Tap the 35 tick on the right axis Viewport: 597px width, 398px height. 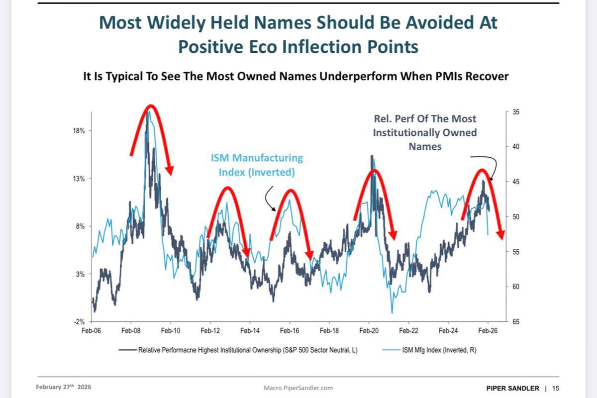click(x=515, y=112)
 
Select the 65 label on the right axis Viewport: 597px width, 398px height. click(x=515, y=322)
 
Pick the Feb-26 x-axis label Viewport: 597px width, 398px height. click(x=488, y=331)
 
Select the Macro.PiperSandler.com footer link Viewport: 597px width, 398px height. click(x=298, y=388)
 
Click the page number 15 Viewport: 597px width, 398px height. click(x=556, y=388)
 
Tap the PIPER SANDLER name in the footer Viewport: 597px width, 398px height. click(x=512, y=388)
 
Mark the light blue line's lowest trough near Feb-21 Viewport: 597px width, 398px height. click(x=392, y=312)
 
